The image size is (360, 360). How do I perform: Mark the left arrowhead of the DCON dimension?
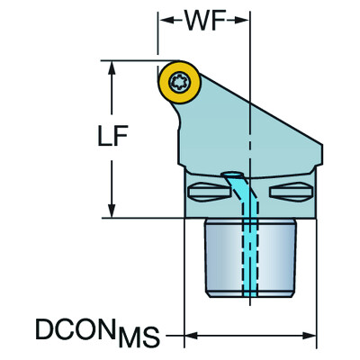point(190,339)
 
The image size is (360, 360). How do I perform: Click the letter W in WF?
point(190,19)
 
